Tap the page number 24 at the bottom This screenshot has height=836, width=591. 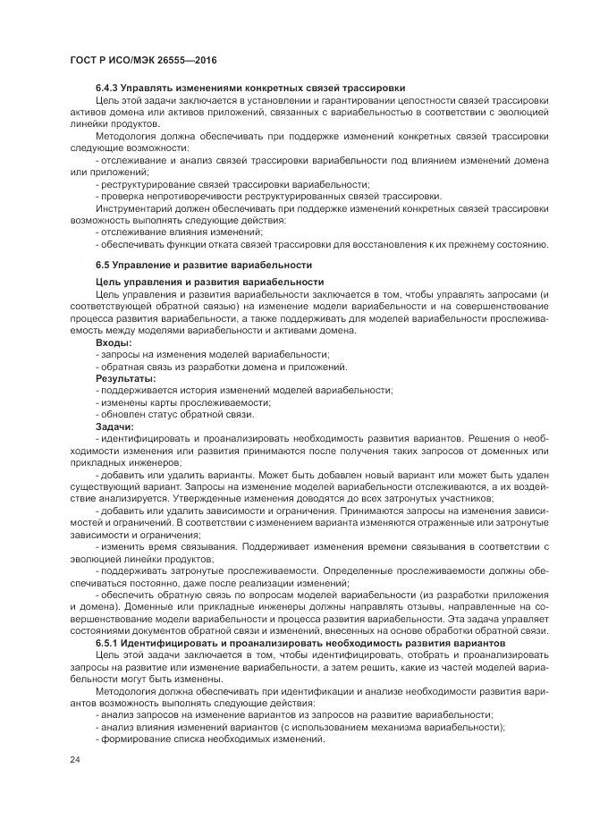coord(74,760)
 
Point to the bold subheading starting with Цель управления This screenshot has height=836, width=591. coord(209,282)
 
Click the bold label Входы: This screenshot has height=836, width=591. coord(114,343)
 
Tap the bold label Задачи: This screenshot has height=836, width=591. coord(114,426)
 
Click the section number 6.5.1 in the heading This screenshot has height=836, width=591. coord(110,644)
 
